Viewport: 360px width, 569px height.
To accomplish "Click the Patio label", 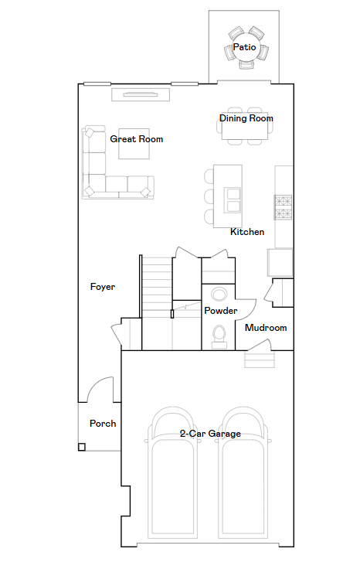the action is point(244,47).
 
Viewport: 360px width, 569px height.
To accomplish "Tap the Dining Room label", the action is point(246,118).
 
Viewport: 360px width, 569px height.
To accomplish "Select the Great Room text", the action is point(136,139).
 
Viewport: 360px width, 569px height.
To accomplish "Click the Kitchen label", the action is point(247,232).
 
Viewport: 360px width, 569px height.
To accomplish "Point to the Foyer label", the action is point(103,287).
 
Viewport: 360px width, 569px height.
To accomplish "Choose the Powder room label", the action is point(221,311).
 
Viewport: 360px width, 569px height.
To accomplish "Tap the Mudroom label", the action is point(266,328).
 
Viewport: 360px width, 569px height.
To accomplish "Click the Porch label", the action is point(103,424).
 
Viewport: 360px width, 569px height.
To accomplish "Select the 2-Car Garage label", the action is point(210,434).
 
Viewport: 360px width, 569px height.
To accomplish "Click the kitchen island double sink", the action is point(233,199).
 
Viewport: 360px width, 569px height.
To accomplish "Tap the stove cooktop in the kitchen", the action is point(283,207).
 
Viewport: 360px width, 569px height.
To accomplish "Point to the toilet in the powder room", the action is point(219,336).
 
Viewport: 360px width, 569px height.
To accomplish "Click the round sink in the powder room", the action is point(219,294).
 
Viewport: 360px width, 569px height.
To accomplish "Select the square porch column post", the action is point(82,447).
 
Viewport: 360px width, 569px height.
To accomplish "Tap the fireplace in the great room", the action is point(141,95).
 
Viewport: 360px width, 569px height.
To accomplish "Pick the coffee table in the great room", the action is point(134,144).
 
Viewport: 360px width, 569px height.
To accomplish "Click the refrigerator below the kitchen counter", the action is point(280,263).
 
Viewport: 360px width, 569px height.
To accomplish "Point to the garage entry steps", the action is point(260,359).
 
